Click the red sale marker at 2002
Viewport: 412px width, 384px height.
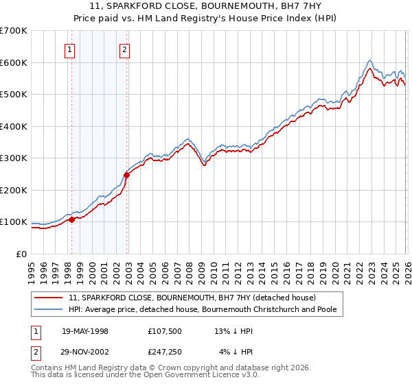127,175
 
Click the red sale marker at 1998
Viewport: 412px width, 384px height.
71,219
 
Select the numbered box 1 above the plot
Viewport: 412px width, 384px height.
71,49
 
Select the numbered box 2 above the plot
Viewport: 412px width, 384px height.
124,49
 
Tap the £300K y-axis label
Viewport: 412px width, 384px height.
14,158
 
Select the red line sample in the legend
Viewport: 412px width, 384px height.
49,298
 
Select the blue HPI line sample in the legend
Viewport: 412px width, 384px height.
49,310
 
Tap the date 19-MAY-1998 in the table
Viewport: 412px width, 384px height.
85,331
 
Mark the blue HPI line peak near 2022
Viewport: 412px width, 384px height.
369,60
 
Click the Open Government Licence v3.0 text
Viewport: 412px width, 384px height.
185,376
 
